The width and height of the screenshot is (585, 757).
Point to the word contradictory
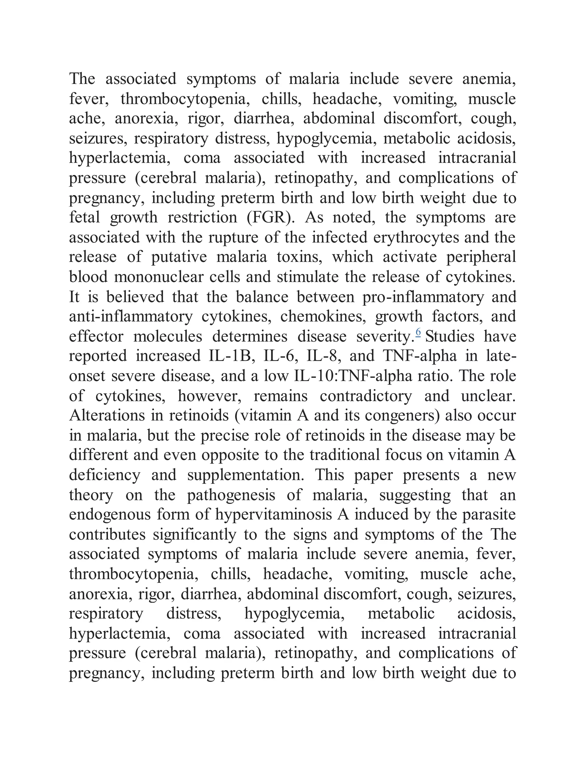(x=366, y=396)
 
